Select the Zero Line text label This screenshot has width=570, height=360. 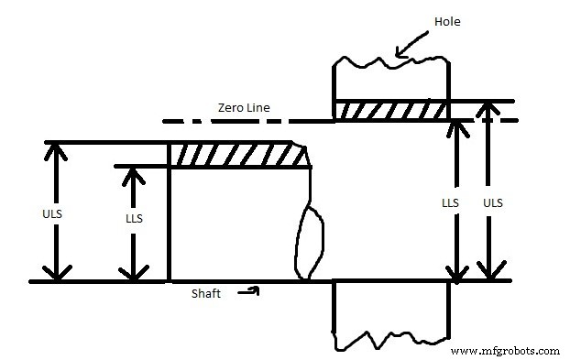243,107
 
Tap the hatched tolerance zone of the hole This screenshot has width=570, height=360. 391,110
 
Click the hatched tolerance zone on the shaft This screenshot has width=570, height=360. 238,154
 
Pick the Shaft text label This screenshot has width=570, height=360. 207,293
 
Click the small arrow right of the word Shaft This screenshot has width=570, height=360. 250,291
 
